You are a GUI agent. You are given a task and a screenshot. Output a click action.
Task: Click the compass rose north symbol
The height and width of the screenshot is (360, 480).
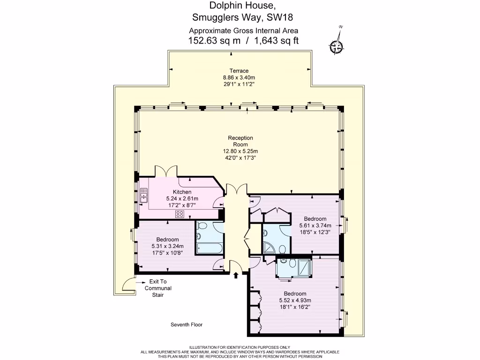tap(337, 45)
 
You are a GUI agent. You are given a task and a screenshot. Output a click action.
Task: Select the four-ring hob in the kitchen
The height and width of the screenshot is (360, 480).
tap(180, 214)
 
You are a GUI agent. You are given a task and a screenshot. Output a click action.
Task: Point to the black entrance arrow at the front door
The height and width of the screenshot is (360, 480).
tap(236, 275)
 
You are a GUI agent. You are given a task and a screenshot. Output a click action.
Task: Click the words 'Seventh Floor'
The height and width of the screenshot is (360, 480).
tap(187, 324)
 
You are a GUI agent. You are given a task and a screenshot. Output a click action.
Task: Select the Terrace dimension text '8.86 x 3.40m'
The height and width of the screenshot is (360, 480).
tap(239, 78)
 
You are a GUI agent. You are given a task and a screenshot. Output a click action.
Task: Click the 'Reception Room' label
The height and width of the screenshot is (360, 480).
tap(240, 141)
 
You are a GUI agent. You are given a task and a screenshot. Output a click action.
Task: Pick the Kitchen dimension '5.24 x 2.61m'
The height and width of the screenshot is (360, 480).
tap(182, 199)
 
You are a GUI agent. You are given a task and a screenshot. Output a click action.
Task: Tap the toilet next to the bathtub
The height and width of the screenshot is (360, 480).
tap(202, 226)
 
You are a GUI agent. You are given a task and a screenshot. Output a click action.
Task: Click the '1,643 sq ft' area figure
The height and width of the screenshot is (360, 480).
tap(276, 41)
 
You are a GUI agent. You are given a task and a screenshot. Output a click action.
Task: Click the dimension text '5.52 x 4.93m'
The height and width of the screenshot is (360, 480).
tap(295, 300)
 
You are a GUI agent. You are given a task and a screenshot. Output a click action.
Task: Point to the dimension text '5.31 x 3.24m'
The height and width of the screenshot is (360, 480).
tap(167, 246)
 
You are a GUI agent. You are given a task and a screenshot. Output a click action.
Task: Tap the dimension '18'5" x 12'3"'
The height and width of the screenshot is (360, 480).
tap(315, 232)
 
